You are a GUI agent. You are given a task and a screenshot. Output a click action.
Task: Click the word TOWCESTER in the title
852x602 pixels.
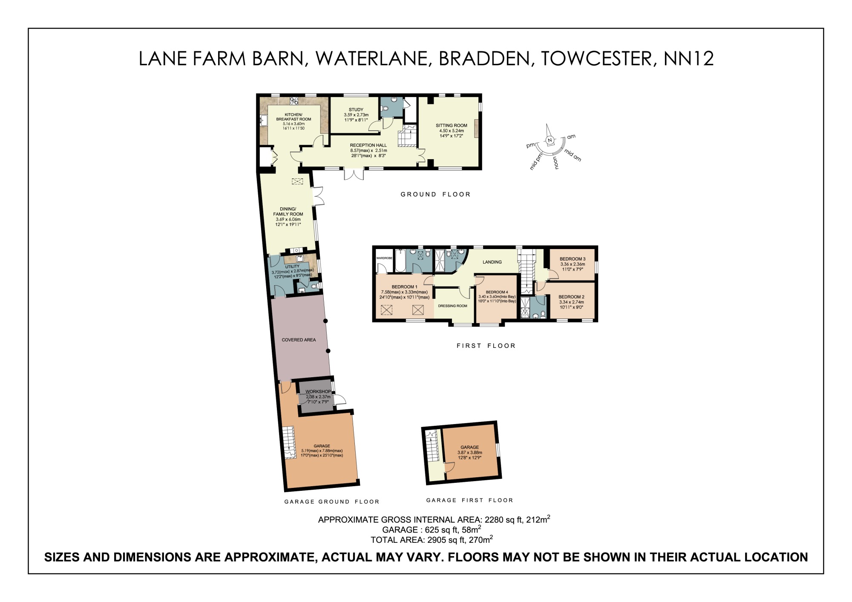pos(596,58)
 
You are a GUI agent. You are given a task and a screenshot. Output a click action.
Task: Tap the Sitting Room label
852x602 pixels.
pos(451,126)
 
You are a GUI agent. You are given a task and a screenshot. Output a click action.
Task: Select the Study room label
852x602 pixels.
pos(356,110)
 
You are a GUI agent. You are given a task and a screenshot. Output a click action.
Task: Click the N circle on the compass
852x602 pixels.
pos(550,140)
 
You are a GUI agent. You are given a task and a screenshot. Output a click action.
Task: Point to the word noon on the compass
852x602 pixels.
pos(555,163)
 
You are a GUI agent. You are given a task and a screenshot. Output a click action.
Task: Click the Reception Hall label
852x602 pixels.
pos(368,145)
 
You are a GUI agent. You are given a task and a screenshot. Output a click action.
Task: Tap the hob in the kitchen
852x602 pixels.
pos(294,101)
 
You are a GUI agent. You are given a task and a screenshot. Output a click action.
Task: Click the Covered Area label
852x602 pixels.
pos(299,340)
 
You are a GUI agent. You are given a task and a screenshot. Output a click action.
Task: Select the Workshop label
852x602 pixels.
pos(318,392)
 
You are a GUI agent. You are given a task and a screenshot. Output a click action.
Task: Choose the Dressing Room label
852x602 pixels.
pos(452,306)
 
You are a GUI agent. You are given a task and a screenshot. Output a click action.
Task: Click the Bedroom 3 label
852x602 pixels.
pos(572,259)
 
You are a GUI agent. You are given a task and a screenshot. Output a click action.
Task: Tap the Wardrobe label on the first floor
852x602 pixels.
pos(384,258)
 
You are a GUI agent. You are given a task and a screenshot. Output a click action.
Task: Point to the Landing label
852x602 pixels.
pos(492,262)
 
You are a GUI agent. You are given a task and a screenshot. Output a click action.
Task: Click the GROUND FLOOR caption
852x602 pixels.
pos(435,195)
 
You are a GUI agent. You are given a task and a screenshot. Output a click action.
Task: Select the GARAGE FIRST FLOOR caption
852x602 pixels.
pos(469,500)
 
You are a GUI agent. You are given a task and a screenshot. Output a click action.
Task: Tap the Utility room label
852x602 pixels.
pos(292,267)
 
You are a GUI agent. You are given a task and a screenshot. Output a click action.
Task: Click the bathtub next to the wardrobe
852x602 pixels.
pos(400,261)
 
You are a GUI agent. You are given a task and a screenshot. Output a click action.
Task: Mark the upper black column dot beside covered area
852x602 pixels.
pos(325,321)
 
